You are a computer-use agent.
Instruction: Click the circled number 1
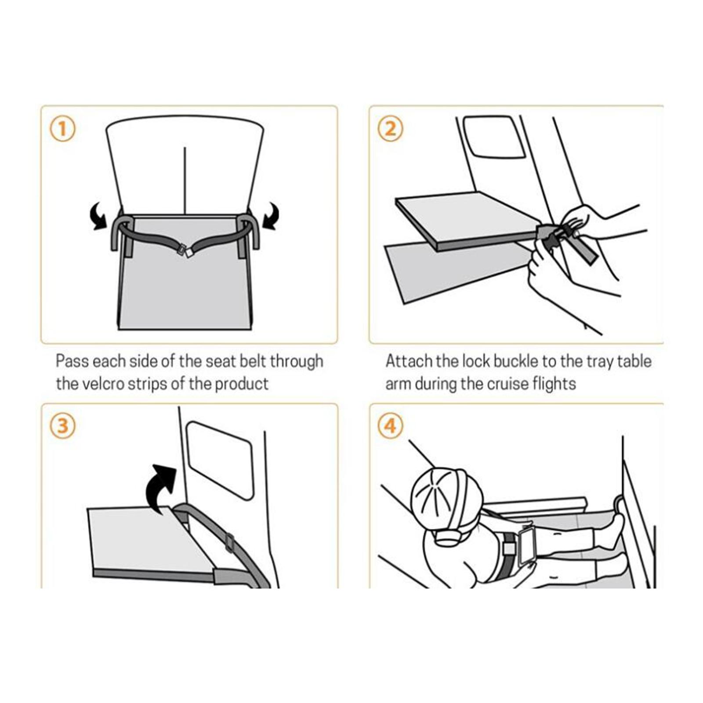[62, 129]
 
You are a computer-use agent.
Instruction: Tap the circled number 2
[390, 129]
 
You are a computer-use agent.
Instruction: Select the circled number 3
[62, 426]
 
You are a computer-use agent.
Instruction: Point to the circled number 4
[390, 426]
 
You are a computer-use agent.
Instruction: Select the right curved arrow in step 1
[270, 215]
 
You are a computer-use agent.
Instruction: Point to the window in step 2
[494, 136]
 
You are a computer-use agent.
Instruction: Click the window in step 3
[220, 460]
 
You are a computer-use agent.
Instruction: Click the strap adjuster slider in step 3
[228, 543]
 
